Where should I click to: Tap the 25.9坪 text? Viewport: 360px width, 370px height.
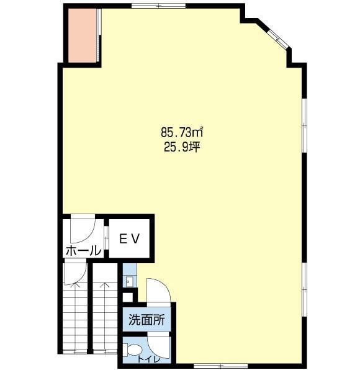click(x=182, y=147)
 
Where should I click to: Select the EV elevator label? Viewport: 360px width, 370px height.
click(x=130, y=239)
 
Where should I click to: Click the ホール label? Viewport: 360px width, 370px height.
click(x=83, y=251)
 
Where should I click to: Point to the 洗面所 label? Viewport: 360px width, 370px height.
click(x=146, y=320)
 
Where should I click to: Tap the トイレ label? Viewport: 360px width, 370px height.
click(x=149, y=359)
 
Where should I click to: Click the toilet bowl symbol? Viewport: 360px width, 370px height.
click(x=131, y=350)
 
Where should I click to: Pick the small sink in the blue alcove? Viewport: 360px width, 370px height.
click(x=130, y=281)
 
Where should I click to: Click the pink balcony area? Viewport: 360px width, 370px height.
click(x=82, y=36)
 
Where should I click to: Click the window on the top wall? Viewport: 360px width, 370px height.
click(x=158, y=6)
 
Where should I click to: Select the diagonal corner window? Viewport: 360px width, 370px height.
click(x=278, y=37)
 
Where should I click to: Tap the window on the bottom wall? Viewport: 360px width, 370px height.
click(x=220, y=366)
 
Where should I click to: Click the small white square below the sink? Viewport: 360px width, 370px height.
click(x=128, y=297)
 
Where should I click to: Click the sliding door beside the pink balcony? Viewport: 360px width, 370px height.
click(x=99, y=35)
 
